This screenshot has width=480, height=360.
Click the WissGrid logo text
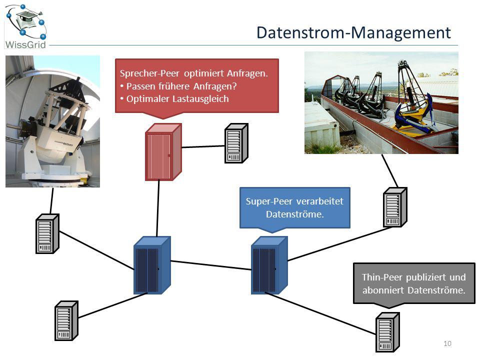point(25,44)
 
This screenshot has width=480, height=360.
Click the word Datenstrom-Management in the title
point(353,32)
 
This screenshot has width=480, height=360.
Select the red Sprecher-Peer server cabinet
point(163,152)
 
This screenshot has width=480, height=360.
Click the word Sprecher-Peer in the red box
point(149,73)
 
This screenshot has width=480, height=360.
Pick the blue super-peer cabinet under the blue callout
point(269,265)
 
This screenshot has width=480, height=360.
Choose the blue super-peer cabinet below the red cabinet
point(152,265)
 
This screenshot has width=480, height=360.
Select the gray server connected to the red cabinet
point(236,143)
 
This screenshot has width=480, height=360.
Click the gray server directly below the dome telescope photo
point(47,233)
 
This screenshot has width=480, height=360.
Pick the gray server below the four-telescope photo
point(395,207)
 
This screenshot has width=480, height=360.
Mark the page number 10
point(447,343)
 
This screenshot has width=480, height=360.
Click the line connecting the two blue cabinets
point(211,265)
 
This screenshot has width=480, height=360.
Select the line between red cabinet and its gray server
point(203,146)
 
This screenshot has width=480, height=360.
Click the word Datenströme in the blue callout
point(295,214)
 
